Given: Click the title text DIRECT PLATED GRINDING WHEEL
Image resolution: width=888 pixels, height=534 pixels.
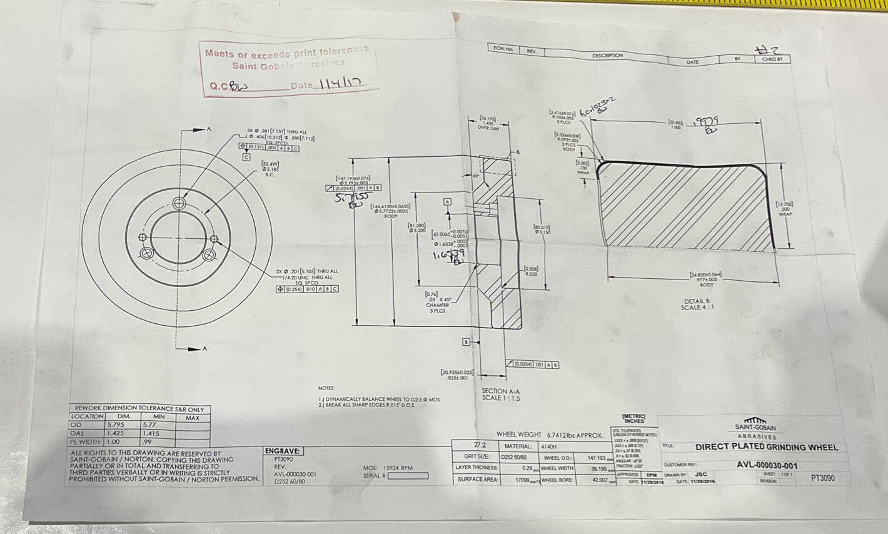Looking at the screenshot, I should pyautogui.click(x=766, y=447).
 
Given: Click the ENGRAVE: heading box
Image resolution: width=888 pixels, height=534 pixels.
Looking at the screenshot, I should pyautogui.click(x=283, y=451).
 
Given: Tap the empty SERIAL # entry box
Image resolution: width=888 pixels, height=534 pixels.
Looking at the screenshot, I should pyautogui.click(x=408, y=476).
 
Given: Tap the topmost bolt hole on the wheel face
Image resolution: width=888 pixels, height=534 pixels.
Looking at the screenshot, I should pyautogui.click(x=181, y=203).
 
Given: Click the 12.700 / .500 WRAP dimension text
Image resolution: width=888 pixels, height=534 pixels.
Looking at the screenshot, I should pyautogui.click(x=785, y=209).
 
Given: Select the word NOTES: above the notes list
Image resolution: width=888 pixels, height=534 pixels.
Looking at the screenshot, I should pyautogui.click(x=327, y=388).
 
